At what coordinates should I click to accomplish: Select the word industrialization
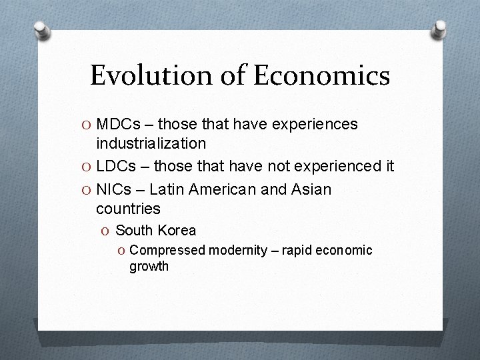click(x=151, y=143)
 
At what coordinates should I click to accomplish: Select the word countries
click(x=128, y=209)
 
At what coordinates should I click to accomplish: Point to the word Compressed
click(x=167, y=250)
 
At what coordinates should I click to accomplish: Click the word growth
click(x=149, y=267)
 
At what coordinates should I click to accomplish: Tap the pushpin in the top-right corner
click(x=440, y=28)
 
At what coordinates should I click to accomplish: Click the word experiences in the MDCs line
click(x=315, y=124)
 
